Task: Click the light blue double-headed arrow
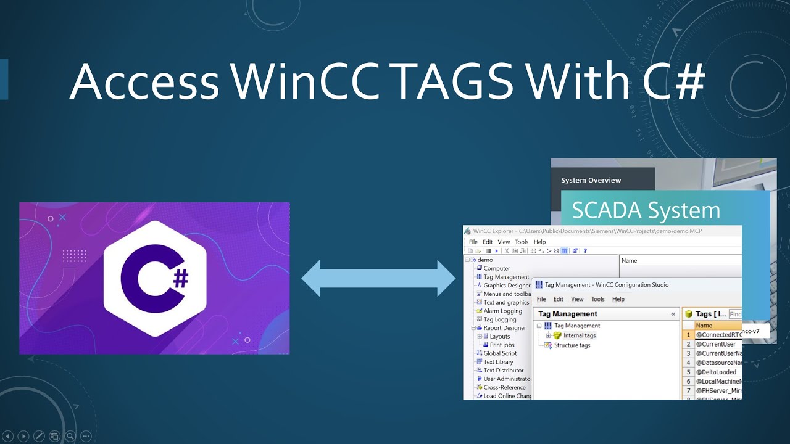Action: coord(378,278)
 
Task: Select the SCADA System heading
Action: coord(646,211)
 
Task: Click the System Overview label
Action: coord(591,181)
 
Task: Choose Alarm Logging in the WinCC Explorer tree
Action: coord(502,311)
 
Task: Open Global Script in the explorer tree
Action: coord(500,353)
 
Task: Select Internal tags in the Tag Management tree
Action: coord(579,335)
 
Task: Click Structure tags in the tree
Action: coord(572,345)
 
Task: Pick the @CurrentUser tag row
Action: coord(716,344)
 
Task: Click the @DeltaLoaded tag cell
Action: coord(716,372)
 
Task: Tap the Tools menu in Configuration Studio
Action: coord(597,300)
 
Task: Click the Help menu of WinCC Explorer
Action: coord(539,242)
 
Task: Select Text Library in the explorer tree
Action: coord(498,362)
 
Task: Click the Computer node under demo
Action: coord(496,268)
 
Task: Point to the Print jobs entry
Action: coord(502,345)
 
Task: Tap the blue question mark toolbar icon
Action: coord(585,251)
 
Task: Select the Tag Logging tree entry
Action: coord(499,319)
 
